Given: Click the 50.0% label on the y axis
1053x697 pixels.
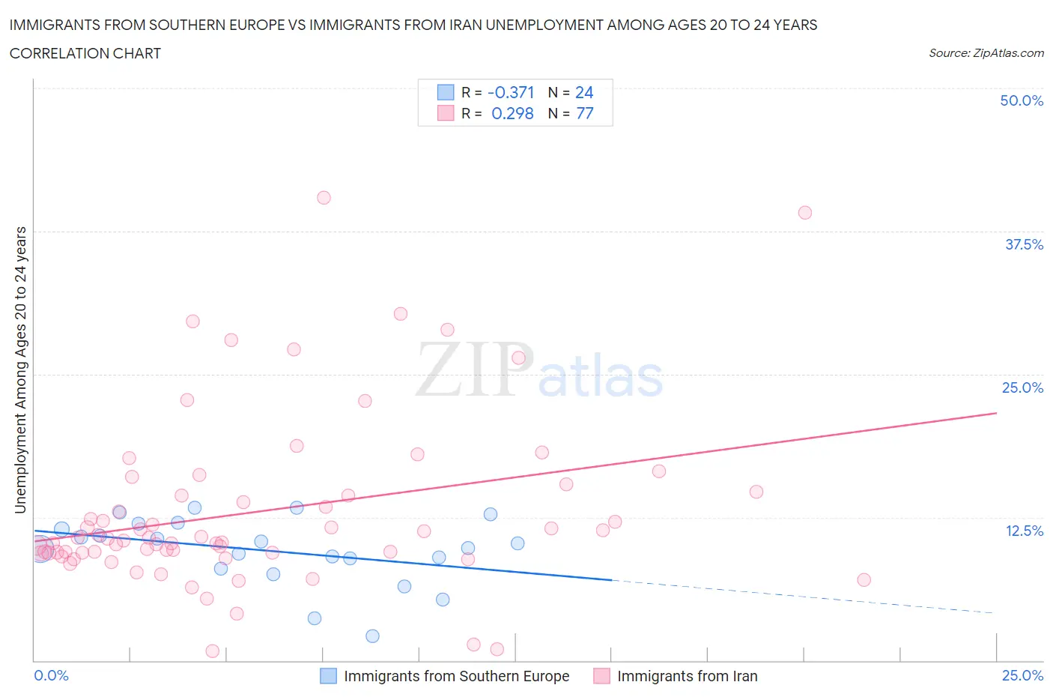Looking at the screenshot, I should (x=1022, y=100).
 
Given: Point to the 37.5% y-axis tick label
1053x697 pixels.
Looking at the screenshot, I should (x=1024, y=244).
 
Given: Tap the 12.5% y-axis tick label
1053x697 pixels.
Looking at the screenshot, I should (x=1024, y=531).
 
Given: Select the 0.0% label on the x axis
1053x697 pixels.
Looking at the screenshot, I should (x=52, y=675).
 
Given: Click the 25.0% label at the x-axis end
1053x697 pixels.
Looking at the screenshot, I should (x=1022, y=675).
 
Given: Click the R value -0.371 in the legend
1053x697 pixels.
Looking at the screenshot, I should (x=511, y=92).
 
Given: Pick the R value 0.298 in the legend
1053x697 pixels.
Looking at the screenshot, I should (x=512, y=113).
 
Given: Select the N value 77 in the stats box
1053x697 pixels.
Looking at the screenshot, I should (x=584, y=113).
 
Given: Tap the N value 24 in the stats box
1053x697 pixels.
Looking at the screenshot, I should (x=584, y=92).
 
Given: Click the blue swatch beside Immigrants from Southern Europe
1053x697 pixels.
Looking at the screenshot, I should (x=328, y=676).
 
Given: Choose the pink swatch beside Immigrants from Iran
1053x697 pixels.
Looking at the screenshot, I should (x=601, y=676).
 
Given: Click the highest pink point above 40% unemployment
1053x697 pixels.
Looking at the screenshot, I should (x=324, y=198).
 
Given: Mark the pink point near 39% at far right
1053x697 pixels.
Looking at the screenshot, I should (x=805, y=212).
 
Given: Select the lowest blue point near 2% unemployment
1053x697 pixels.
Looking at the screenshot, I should (x=372, y=636).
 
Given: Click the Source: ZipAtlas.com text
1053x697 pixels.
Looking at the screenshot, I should (x=986, y=53).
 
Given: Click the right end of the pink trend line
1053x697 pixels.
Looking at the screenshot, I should (x=996, y=413).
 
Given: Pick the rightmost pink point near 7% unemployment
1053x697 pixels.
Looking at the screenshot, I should (x=864, y=579).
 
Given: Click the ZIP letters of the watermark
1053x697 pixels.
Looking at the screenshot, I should (x=475, y=369).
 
